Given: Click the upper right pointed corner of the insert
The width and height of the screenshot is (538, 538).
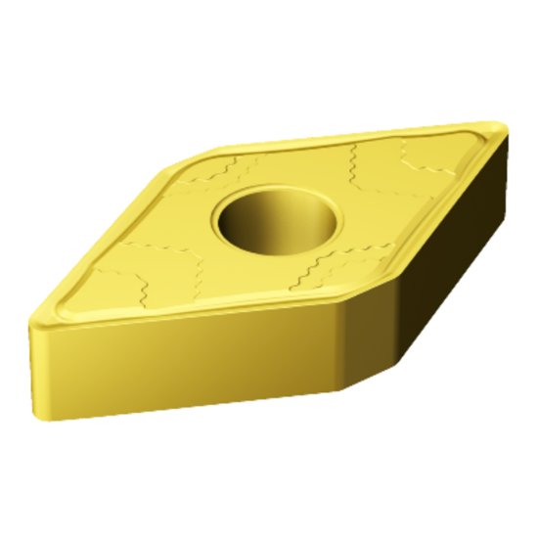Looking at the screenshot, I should pos(500,127).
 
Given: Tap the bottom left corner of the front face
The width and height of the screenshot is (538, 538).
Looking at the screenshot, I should pos(49,419).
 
